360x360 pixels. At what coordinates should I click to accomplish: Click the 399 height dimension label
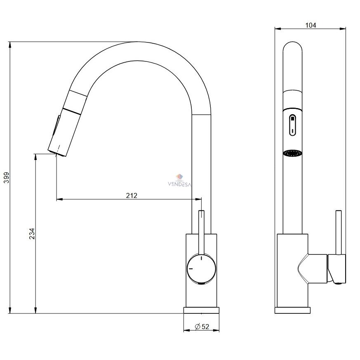tap(7, 177)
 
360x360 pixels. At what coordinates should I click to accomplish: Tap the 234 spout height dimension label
tap(32, 234)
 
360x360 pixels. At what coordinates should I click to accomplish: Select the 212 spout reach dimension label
tap(132, 195)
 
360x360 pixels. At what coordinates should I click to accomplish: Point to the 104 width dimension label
tap(311, 25)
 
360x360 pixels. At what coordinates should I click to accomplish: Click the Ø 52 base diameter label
tap(202, 327)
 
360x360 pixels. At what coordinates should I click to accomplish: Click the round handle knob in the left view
tap(202, 268)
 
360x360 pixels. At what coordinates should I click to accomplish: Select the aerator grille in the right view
tap(292, 153)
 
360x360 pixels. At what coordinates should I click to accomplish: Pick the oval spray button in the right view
tap(292, 125)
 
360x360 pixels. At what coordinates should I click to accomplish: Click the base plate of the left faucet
tap(201, 310)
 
